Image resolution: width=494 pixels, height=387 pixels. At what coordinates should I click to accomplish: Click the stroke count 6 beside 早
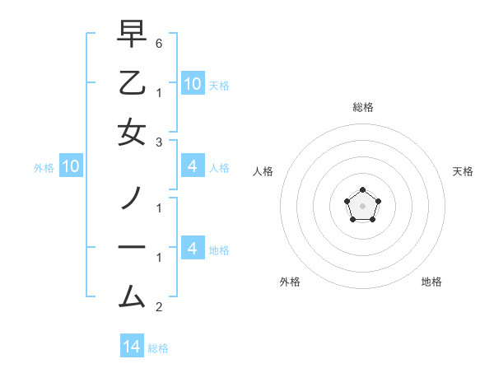click(x=159, y=43)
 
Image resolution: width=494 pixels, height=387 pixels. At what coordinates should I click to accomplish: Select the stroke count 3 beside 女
click(x=159, y=142)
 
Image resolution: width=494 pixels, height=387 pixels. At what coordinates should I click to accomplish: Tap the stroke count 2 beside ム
click(x=159, y=307)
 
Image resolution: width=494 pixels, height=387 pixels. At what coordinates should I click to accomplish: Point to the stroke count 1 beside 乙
click(x=159, y=92)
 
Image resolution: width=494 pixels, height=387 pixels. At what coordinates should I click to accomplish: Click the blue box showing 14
click(x=132, y=347)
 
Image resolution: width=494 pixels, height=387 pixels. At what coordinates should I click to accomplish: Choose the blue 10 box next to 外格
click(x=71, y=167)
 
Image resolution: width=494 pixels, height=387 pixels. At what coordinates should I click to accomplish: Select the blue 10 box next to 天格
click(x=192, y=83)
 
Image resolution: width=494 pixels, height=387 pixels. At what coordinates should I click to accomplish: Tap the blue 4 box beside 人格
click(x=192, y=167)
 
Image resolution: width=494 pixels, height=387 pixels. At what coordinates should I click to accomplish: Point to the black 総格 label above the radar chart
click(x=362, y=107)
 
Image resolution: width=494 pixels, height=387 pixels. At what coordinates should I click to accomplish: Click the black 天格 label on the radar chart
click(x=463, y=171)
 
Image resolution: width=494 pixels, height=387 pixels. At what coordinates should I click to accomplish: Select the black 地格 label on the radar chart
click(x=431, y=282)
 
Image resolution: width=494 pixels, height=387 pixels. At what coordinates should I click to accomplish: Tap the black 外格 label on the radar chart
click(x=290, y=282)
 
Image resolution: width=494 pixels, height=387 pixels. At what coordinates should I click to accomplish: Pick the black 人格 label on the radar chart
click(x=263, y=171)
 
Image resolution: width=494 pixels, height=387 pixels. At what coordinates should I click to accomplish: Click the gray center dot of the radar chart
click(x=362, y=205)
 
